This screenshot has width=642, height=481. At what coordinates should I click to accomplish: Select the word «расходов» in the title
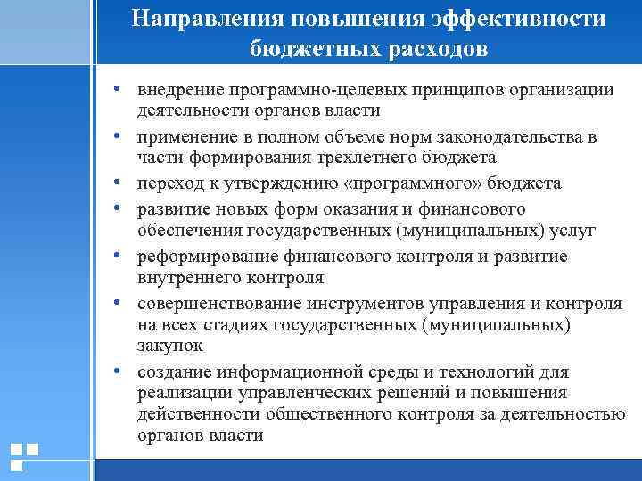[433, 49]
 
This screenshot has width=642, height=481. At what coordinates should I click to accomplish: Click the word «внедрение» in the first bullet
[179, 90]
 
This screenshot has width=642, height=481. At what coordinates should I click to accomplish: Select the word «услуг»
[571, 231]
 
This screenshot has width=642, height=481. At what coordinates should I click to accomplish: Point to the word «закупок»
[170, 344]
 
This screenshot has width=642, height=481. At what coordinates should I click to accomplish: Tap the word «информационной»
[277, 371]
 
